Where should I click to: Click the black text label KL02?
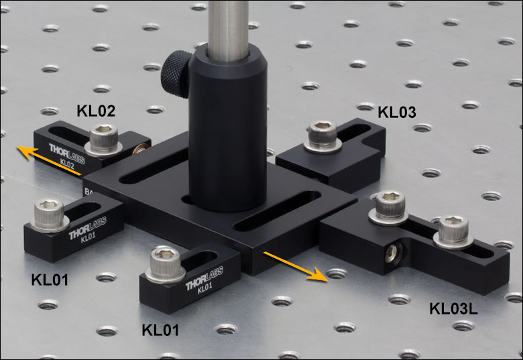point(96,111)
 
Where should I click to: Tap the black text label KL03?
point(397,113)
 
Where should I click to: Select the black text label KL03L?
point(453,308)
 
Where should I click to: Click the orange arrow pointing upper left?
point(49,160)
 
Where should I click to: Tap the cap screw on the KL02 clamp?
point(104,140)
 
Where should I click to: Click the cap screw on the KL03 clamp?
point(323,137)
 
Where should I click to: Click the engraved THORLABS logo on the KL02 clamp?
point(67,153)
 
